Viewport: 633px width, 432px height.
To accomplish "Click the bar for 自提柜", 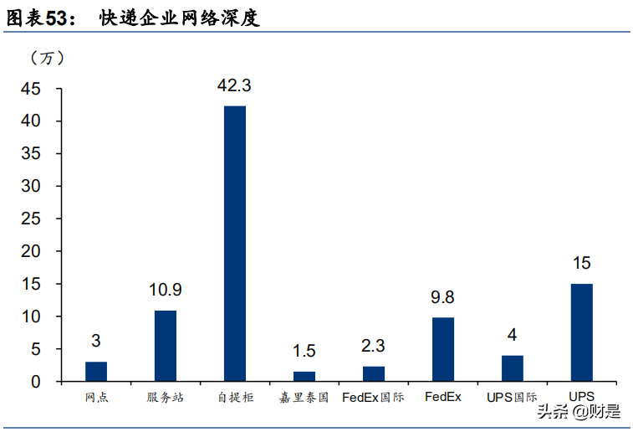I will pyautogui.click(x=235, y=243).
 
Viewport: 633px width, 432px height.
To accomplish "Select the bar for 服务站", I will pyautogui.click(x=166, y=346).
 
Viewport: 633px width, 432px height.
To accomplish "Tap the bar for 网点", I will pyautogui.click(x=96, y=371).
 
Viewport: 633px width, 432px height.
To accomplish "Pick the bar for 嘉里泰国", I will pyautogui.click(x=304, y=376).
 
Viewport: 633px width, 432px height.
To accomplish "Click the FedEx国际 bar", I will pyautogui.click(x=374, y=373).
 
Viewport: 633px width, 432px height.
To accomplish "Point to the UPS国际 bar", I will pyautogui.click(x=512, y=368).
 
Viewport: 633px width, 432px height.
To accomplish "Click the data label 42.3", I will pyautogui.click(x=234, y=85).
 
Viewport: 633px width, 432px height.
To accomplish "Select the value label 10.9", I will pyautogui.click(x=166, y=291).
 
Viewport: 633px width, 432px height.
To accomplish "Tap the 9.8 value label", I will pyautogui.click(x=442, y=297).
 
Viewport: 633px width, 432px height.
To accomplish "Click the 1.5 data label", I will pyautogui.click(x=304, y=351).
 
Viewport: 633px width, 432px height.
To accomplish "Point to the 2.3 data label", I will pyautogui.click(x=374, y=346).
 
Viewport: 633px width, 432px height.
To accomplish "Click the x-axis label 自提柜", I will pyautogui.click(x=235, y=398).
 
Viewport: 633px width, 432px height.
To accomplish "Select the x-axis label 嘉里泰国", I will pyautogui.click(x=304, y=398).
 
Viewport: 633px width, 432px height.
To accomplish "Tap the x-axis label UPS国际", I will pyautogui.click(x=512, y=397).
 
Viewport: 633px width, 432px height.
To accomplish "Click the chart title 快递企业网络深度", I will pyautogui.click(x=180, y=17).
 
